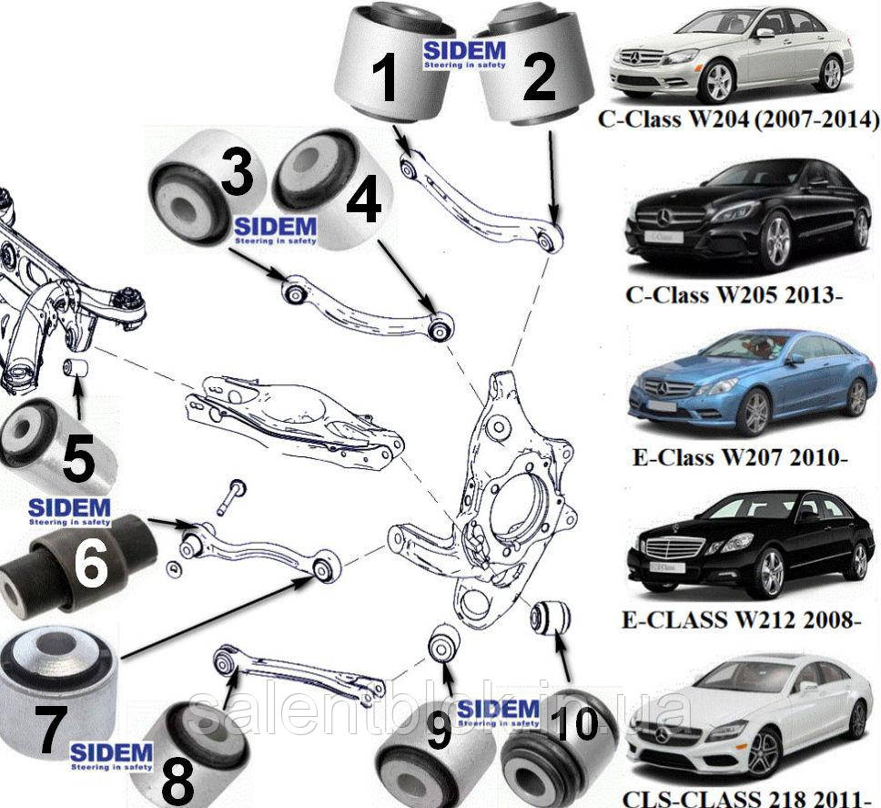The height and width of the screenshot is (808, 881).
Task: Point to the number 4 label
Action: (x=364, y=202)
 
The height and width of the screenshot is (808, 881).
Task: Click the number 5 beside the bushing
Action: (x=77, y=458)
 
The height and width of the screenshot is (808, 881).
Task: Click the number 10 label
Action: (x=573, y=724)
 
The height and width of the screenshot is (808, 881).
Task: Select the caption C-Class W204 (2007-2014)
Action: (x=738, y=119)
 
